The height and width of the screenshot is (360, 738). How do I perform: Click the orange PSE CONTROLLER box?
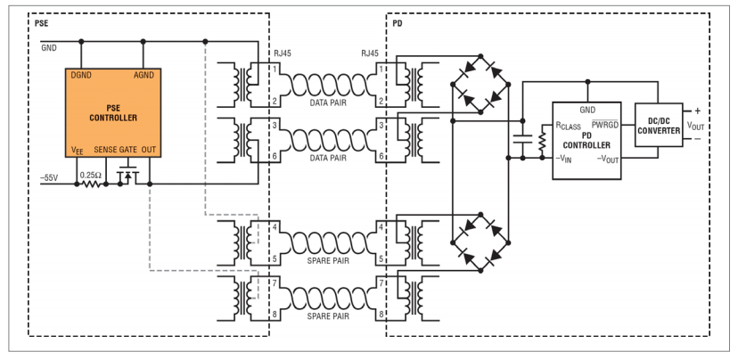point(113,112)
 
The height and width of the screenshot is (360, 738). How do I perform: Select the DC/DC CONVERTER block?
point(659,125)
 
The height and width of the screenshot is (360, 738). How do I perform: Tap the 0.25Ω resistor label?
point(90,175)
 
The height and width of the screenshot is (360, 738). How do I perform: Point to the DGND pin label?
point(80,75)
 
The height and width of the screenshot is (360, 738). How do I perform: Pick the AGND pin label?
point(144,75)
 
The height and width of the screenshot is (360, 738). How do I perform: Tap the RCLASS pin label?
point(568,127)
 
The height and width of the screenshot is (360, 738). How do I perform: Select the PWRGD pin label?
point(605,124)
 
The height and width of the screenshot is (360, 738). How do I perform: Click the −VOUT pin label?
point(608,160)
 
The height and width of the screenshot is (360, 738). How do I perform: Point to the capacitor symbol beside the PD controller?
point(522,138)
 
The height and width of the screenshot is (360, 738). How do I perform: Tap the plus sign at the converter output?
point(697,111)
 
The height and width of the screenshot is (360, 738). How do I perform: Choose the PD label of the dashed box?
point(398,22)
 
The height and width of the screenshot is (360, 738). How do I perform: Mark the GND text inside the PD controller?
point(586,110)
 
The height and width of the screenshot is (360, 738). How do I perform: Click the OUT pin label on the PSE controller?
point(148,150)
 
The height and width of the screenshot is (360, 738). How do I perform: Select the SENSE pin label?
point(106,150)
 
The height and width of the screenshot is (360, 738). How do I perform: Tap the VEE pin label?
point(78,151)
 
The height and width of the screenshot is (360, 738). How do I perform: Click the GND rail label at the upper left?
point(49,47)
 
